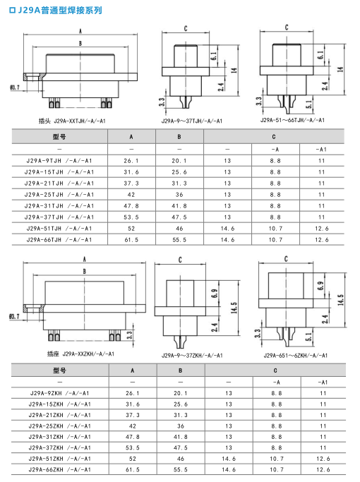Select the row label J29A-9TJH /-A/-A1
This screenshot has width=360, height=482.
(x=59, y=161)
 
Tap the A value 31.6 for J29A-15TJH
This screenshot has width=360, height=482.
(x=131, y=172)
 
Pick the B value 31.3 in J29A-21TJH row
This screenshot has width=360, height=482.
(x=179, y=183)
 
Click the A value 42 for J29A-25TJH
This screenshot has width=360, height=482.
(x=131, y=195)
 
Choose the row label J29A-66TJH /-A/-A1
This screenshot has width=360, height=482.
(x=59, y=240)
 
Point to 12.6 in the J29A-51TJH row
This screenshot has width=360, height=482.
(x=322, y=229)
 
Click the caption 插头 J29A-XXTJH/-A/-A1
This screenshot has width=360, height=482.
(x=72, y=121)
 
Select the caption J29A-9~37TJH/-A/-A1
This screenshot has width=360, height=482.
(x=192, y=121)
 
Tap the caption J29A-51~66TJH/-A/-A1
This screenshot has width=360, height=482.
(x=292, y=120)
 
